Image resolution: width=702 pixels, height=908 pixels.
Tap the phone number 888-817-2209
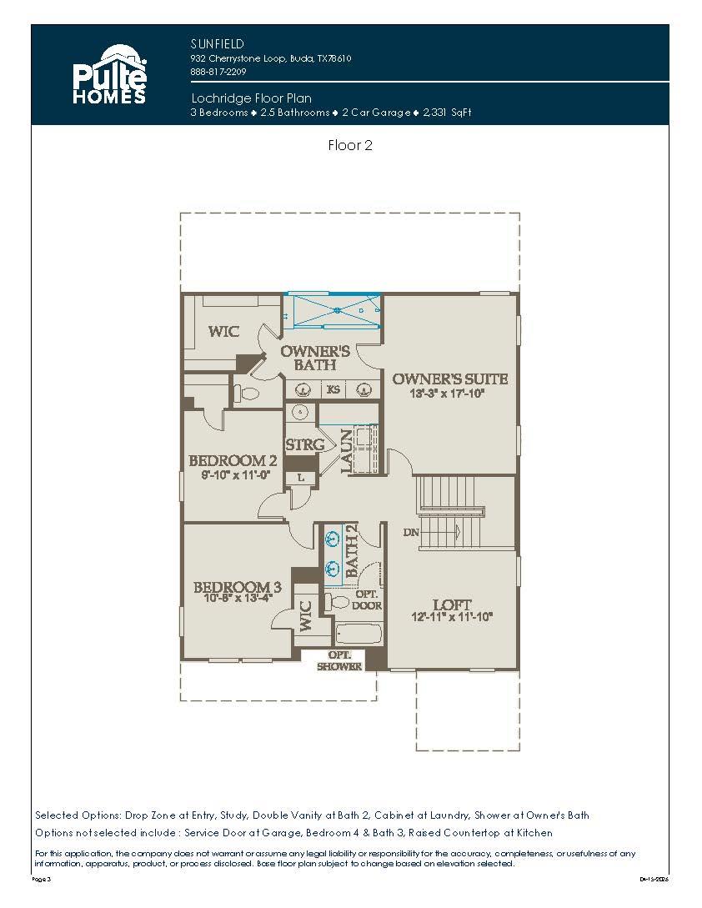click(x=213, y=72)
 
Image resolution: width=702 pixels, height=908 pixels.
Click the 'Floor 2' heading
click(x=350, y=145)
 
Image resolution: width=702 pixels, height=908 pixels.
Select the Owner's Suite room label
click(x=450, y=379)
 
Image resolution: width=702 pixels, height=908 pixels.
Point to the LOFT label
click(x=452, y=604)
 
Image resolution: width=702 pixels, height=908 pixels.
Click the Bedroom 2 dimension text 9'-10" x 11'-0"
click(x=233, y=474)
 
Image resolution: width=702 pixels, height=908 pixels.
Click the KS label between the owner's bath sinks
click(x=333, y=389)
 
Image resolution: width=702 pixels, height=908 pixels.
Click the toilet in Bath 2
click(x=340, y=602)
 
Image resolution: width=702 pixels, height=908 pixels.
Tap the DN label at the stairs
click(x=410, y=532)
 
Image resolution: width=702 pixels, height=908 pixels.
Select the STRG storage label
click(x=304, y=445)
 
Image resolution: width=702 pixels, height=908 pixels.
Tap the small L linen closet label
click(x=300, y=478)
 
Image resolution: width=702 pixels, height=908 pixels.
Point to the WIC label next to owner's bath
click(x=223, y=332)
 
